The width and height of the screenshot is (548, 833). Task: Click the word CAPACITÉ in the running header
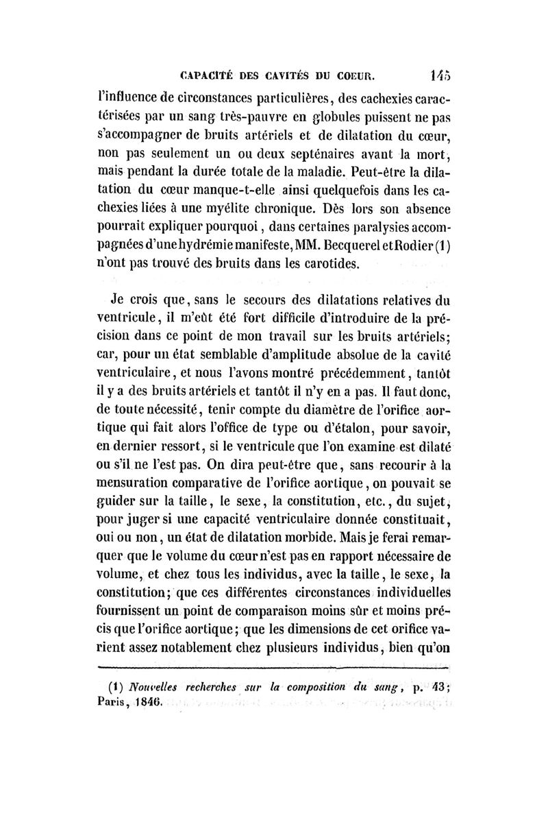tap(203, 75)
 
